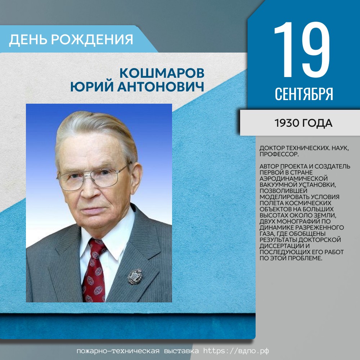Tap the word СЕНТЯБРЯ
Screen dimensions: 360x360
coord(304,94)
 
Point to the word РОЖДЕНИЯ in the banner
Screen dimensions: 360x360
coord(92,39)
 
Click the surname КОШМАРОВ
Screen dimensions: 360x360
coord(162,73)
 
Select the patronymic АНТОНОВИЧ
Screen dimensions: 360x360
coord(161,87)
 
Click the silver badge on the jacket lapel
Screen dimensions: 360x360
coord(135,276)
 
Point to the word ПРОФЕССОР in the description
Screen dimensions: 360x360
coord(279,154)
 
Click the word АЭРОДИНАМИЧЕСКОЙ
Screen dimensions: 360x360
coord(293,179)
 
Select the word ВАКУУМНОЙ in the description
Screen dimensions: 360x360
coord(279,185)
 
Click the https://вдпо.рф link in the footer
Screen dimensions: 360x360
coord(236,351)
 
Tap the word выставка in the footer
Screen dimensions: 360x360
coord(181,351)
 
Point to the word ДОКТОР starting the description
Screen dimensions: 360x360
coord(272,148)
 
